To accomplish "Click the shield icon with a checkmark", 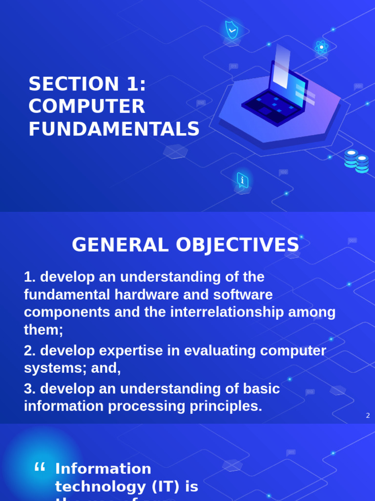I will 231,30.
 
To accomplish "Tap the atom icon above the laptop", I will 321,47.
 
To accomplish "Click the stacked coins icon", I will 356,161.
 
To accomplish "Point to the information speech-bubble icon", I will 242,181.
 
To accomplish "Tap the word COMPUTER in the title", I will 86,107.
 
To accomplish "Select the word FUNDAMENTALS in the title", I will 114,129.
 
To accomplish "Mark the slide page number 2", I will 368,415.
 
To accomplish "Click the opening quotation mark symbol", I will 40,468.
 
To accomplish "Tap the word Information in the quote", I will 103,469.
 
